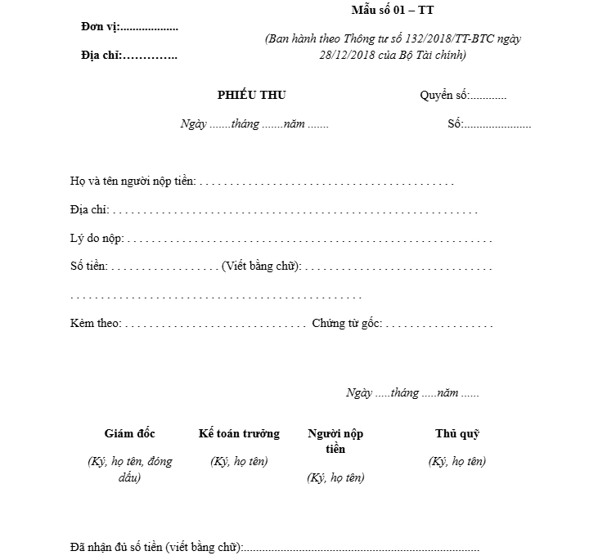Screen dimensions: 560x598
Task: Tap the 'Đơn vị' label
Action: (101, 27)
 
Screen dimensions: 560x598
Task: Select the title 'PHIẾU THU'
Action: (251, 96)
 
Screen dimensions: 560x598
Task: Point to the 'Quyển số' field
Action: (463, 96)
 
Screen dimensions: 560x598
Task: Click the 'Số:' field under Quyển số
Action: (488, 124)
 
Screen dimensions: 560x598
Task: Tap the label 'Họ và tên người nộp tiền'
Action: (133, 181)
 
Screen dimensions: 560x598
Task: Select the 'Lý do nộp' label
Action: (97, 239)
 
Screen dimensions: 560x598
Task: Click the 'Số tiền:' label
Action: (89, 267)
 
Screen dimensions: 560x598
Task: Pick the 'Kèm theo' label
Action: (95, 324)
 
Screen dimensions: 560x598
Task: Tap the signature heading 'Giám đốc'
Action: (129, 433)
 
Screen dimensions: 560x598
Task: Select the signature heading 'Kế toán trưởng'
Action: (239, 433)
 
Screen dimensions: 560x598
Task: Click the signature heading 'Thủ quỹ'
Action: (456, 433)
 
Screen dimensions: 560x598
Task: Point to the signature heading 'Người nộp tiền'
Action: (335, 441)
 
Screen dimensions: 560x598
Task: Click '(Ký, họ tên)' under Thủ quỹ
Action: (456, 461)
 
